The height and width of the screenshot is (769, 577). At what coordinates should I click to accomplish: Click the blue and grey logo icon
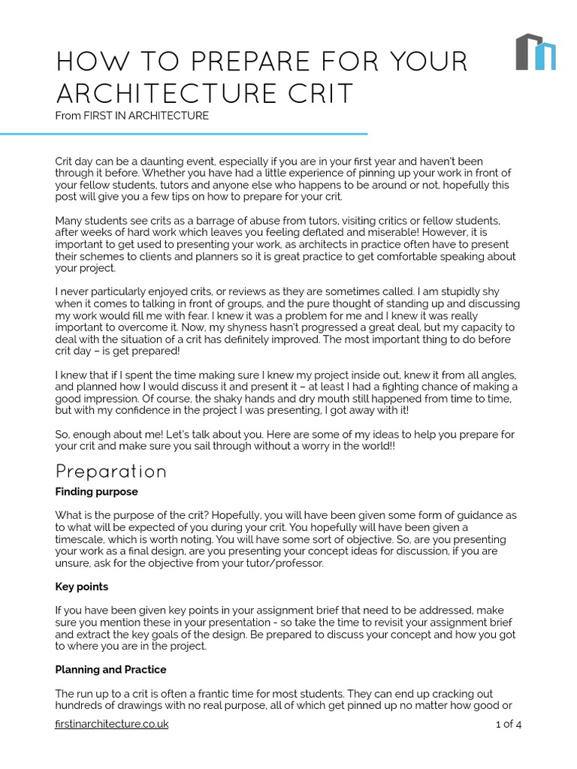click(x=536, y=52)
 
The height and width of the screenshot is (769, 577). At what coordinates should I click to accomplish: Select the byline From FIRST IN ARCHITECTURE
click(x=131, y=116)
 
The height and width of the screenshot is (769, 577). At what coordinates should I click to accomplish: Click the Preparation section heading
click(x=111, y=472)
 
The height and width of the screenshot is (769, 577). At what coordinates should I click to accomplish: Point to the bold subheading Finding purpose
click(x=97, y=492)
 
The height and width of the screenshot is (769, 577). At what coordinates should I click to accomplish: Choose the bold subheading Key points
click(x=82, y=587)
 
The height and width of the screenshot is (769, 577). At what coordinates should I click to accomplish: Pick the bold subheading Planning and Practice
click(x=111, y=669)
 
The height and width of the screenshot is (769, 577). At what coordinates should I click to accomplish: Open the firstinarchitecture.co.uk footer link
click(x=112, y=724)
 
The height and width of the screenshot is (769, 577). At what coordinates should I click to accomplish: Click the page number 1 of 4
click(x=509, y=724)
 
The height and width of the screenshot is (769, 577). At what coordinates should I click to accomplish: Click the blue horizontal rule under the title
click(x=184, y=134)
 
